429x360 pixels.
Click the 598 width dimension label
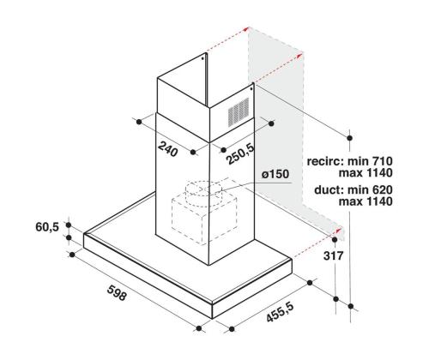pos(117,292)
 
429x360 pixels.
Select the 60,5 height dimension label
pos(47,227)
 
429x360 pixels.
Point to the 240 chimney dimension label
pos(167,149)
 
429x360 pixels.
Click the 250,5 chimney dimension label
pos(240,154)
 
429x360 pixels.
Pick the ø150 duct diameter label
pos(275,174)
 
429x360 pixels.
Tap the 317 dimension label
pos(333,255)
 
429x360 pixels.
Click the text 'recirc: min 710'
pos(349,161)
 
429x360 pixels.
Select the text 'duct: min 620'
pos(353,190)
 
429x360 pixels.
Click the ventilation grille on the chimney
pos(239,111)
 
